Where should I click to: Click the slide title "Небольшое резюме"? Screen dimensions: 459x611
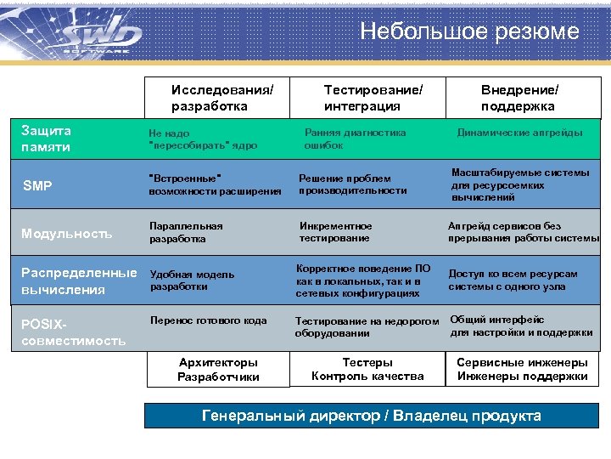(468, 32)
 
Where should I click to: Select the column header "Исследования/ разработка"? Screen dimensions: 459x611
(222, 98)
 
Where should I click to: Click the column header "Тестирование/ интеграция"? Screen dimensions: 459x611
(373, 98)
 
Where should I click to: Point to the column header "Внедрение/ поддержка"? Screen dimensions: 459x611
(519, 98)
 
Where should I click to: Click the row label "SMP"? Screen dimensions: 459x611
(37, 185)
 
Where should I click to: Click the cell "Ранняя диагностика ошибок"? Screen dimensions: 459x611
(355, 139)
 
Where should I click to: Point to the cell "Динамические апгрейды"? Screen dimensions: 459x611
(519, 133)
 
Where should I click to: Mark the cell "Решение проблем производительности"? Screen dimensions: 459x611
(352, 184)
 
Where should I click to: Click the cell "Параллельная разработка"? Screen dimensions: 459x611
(186, 232)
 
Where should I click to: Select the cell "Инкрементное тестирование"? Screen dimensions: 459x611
(336, 232)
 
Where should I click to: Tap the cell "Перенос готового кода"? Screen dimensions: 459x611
(208, 320)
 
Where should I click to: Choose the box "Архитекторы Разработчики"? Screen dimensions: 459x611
(218, 369)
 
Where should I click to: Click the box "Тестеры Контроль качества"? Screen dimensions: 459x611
(367, 369)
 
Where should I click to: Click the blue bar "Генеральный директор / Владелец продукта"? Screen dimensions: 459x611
(371, 416)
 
